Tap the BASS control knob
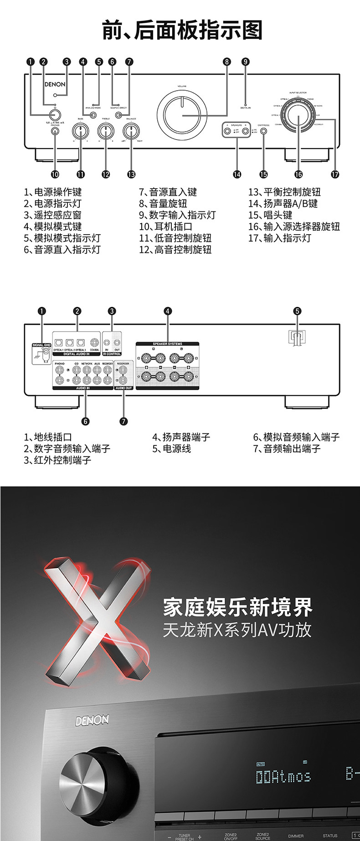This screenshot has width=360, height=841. coord(80,132)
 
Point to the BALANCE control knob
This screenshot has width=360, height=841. coord(131,132)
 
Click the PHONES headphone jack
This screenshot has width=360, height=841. coord(55,131)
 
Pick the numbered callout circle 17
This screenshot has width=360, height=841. coord(335,174)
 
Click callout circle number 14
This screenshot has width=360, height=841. coord(237,174)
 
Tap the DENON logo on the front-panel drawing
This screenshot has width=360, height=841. coord(55,84)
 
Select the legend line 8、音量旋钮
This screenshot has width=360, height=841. coord(163,204)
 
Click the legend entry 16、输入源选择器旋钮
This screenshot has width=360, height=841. coord(294,226)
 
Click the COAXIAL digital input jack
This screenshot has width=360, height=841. coord(95,343)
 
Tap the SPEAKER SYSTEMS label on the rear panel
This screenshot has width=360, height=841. coord(167,344)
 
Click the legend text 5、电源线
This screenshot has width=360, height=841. coord(171,449)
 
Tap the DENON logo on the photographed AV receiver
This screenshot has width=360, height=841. coord(92,720)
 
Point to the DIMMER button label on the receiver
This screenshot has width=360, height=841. coord(296,836)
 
